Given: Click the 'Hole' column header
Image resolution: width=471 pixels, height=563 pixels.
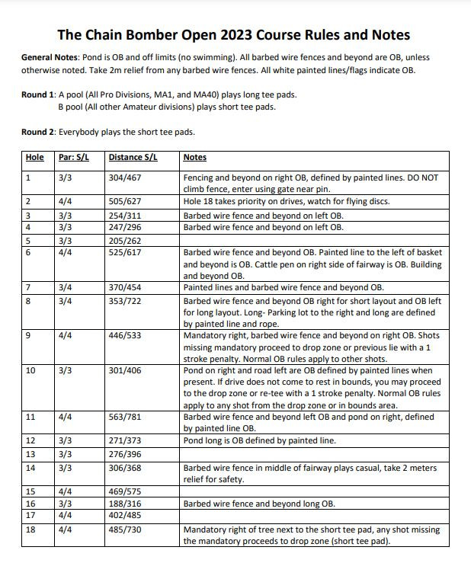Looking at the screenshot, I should [35, 158].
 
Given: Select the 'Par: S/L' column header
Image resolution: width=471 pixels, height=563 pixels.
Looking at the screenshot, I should [74, 158].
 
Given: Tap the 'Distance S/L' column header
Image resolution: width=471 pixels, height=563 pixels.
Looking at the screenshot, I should [133, 158].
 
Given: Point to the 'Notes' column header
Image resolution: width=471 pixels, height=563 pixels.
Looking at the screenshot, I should [195, 158].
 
